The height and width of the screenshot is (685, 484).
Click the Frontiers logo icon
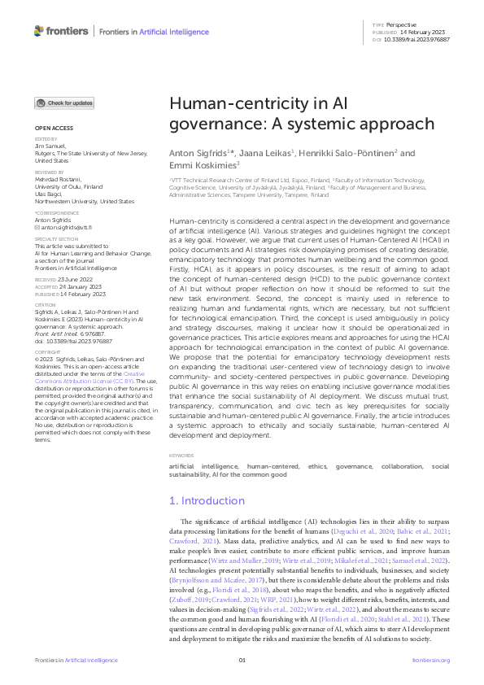pos(39,31)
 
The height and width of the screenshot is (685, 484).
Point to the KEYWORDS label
pos(181,455)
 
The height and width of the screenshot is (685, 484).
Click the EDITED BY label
pos(45,140)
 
